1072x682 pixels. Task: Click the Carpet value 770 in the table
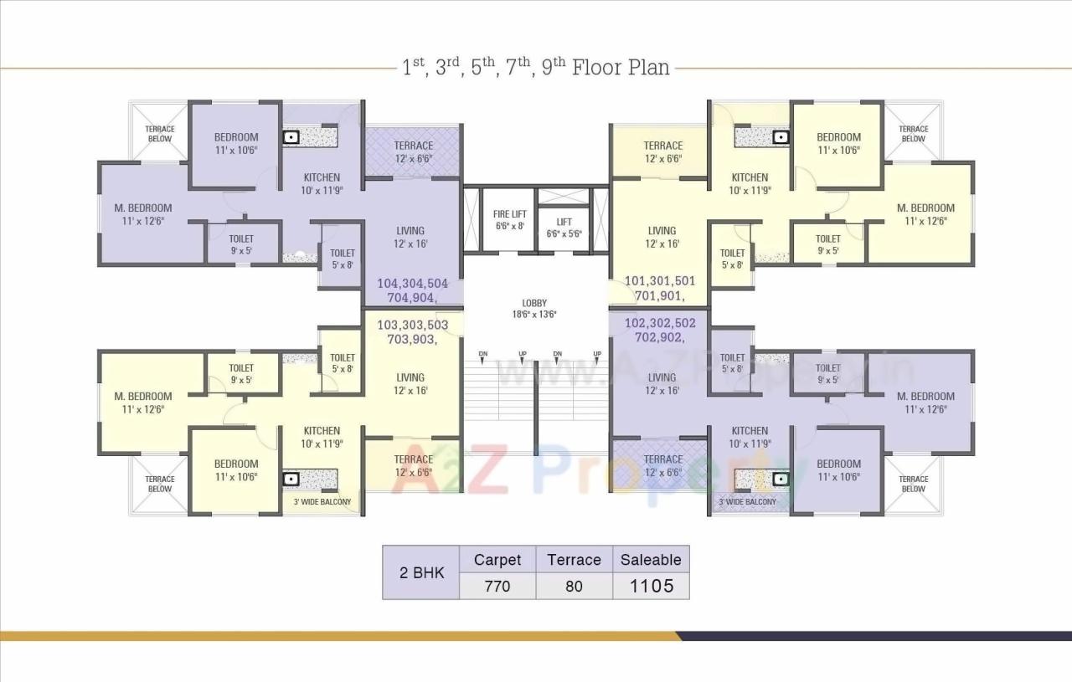pyautogui.click(x=497, y=586)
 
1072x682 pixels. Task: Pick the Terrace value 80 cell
pyautogui.click(x=574, y=586)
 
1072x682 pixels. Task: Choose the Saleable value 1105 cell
pyautogui.click(x=651, y=586)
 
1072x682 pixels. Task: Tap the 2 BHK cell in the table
pyautogui.click(x=420, y=573)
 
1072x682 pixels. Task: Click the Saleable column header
pyautogui.click(x=651, y=560)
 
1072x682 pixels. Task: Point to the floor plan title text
pyautogui.click(x=536, y=67)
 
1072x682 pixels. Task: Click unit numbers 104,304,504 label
pyautogui.click(x=413, y=283)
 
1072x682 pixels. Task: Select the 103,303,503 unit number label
pyautogui.click(x=413, y=325)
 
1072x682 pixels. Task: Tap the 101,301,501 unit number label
pyautogui.click(x=660, y=281)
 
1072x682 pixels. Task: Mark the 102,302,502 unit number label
pyautogui.click(x=660, y=323)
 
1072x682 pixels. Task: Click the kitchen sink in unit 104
pyautogui.click(x=291, y=136)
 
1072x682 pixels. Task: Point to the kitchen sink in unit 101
pyautogui.click(x=781, y=136)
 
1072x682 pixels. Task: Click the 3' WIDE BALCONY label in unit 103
pyautogui.click(x=322, y=502)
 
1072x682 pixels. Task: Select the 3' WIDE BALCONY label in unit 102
pyautogui.click(x=747, y=502)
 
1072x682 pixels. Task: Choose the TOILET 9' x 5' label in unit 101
pyautogui.click(x=828, y=244)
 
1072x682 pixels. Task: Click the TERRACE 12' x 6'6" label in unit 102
pyautogui.click(x=663, y=465)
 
